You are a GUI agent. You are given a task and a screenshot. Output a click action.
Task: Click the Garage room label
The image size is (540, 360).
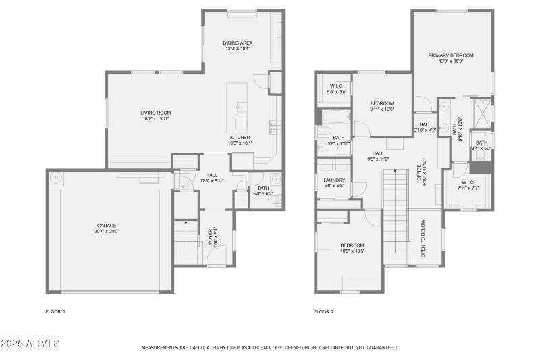click(106, 225)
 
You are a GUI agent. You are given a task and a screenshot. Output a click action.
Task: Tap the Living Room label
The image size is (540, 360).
click(155, 113)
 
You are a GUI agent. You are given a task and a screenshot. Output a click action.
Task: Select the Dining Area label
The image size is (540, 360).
click(238, 43)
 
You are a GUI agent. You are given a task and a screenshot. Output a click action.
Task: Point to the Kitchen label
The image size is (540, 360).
click(240, 137)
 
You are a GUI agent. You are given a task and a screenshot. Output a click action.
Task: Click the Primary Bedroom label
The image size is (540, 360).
click(450, 55)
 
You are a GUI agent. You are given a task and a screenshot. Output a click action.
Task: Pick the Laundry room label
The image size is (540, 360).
click(334, 180)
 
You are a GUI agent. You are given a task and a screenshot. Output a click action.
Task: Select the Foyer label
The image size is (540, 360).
click(210, 235)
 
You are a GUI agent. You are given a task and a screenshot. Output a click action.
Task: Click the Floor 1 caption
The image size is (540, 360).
click(55, 311)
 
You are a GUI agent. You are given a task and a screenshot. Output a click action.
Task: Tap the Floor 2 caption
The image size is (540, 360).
click(323, 311)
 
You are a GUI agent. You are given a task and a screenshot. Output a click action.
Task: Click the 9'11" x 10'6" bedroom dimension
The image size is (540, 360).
click(381, 109)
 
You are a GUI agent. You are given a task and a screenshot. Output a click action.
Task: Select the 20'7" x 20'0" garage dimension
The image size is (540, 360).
click(106, 231)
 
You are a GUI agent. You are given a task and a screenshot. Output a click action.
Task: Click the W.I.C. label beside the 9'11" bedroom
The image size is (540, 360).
click(336, 86)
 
